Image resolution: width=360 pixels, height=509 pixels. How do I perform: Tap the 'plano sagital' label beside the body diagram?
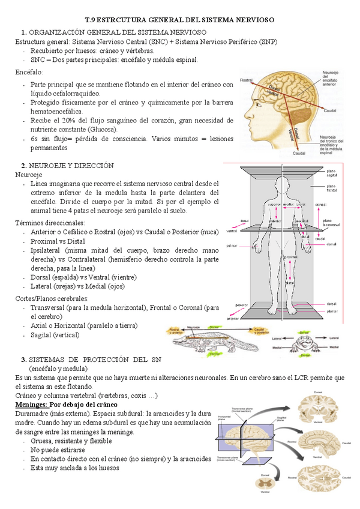(331, 173)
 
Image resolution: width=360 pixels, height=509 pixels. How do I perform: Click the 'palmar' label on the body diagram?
(232, 245)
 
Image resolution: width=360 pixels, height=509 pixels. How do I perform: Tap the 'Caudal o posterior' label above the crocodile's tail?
(259, 331)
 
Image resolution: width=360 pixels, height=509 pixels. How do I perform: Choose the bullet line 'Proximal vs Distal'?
(59, 241)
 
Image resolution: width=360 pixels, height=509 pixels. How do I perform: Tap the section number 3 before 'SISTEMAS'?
(23, 359)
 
